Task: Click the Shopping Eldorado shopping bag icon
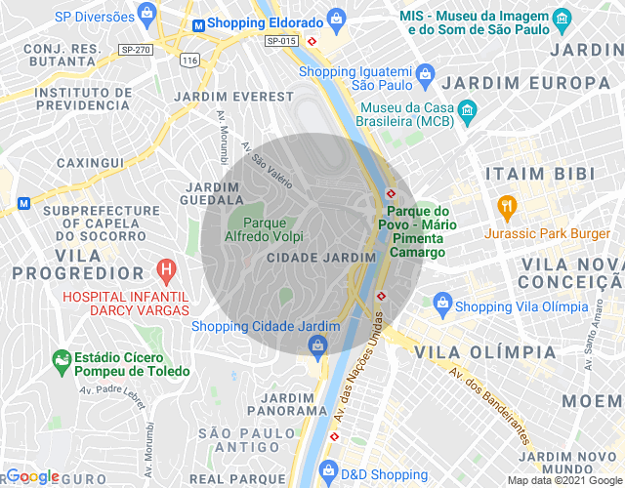pyautogui.click(x=336, y=18)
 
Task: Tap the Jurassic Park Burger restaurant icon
pyautogui.click(x=506, y=206)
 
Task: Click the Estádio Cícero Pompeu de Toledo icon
pyautogui.click(x=62, y=359)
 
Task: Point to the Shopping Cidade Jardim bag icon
pyautogui.click(x=317, y=345)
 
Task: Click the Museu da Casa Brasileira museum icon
pyautogui.click(x=467, y=109)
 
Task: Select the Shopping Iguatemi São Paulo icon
pyautogui.click(x=425, y=73)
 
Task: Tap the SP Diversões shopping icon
pyautogui.click(x=146, y=14)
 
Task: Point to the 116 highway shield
pyautogui.click(x=189, y=61)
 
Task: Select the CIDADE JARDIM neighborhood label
pyautogui.click(x=320, y=257)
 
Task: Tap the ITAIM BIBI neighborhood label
pyautogui.click(x=540, y=174)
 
